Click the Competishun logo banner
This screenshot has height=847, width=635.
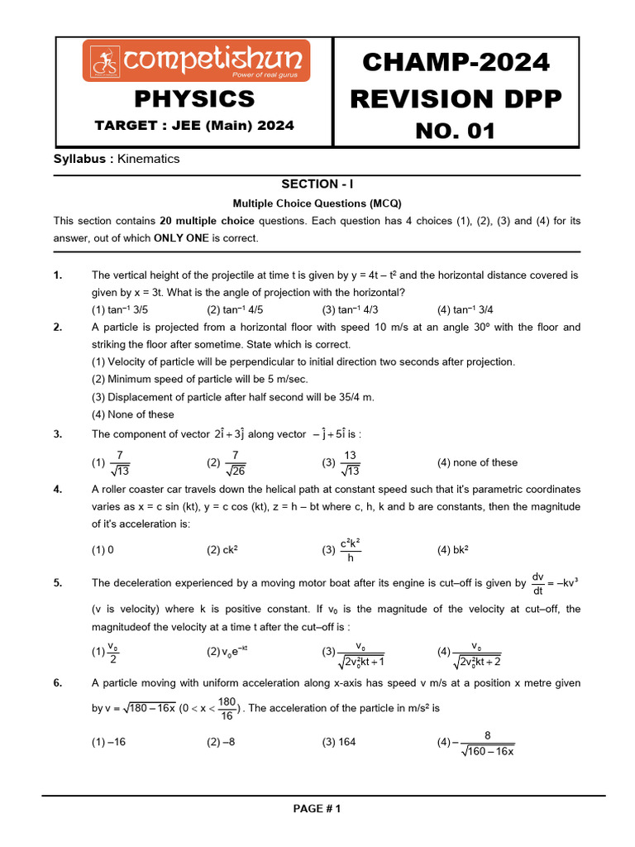tap(196, 61)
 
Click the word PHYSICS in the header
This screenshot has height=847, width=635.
tap(194, 99)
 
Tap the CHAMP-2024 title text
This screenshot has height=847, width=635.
tap(456, 61)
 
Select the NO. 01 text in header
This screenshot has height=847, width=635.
tap(456, 130)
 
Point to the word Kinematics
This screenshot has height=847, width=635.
tap(149, 159)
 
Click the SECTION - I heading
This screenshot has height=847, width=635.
tap(317, 184)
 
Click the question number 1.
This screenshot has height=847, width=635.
tap(57, 275)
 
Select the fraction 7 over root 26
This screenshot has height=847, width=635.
tap(236, 463)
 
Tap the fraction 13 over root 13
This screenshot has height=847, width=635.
tap(350, 463)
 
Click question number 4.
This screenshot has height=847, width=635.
tap(57, 489)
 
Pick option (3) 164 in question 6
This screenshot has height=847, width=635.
tap(339, 742)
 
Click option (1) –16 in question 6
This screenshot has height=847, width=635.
tap(108, 742)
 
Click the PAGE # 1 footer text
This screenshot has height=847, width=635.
tap(317, 809)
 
